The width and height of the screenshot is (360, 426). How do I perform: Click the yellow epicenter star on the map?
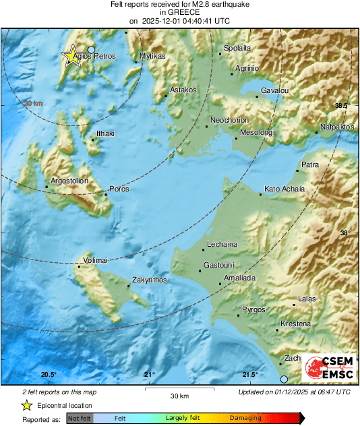[72, 55]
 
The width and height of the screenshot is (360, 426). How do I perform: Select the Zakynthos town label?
[149, 279]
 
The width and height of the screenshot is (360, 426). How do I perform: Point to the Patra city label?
[310, 164]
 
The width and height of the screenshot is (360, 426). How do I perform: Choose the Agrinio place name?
[247, 68]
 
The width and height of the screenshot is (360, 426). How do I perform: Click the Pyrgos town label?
[254, 309]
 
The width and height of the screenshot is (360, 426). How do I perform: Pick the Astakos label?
[183, 89]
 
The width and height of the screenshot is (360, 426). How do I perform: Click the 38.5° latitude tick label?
[342, 106]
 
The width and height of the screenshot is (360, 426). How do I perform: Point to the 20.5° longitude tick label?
[49, 375]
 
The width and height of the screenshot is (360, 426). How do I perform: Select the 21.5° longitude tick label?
[250, 375]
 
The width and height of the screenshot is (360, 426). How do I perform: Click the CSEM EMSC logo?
[326, 368]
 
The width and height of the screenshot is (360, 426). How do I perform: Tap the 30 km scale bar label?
[179, 395]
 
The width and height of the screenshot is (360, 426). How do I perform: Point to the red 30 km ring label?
[32, 103]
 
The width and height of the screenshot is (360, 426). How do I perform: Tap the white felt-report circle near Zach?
[284, 379]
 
